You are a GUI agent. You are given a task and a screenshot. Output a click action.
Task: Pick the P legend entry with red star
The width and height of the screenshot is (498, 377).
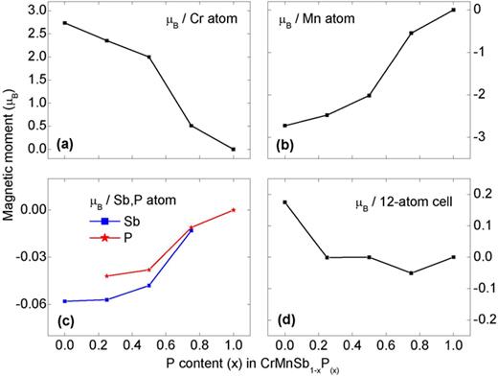(x=114, y=237)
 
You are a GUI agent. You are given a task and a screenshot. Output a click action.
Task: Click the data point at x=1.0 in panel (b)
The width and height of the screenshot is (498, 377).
(x=452, y=11)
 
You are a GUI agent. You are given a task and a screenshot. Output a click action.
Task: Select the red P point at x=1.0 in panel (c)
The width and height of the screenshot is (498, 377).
(x=233, y=210)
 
